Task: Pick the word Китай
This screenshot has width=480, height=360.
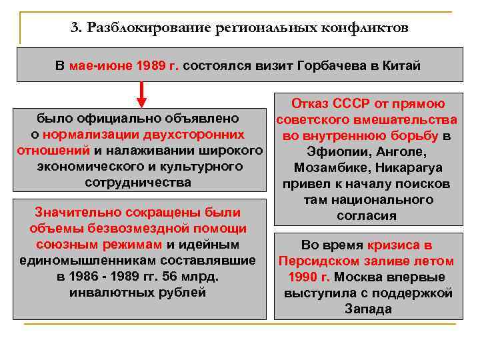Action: (x=401, y=67)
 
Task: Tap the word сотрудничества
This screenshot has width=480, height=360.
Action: (x=139, y=182)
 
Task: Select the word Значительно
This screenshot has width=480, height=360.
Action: (x=73, y=212)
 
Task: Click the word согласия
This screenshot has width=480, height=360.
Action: (x=367, y=215)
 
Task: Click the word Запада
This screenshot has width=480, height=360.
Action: (x=368, y=309)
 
